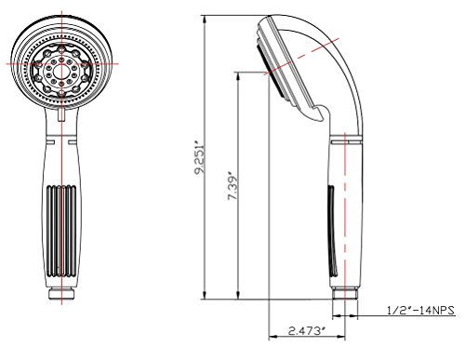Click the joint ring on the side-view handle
(x=345, y=141)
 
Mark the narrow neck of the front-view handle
(x=61, y=135)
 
